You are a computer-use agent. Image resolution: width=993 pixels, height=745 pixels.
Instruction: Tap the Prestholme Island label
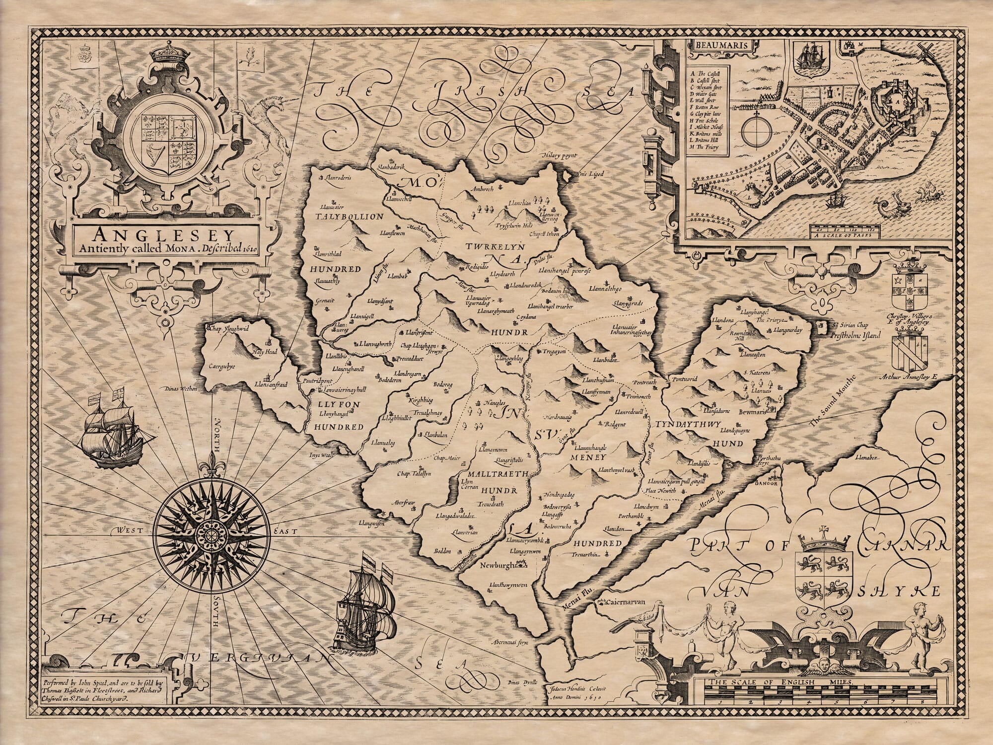tap(859, 335)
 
